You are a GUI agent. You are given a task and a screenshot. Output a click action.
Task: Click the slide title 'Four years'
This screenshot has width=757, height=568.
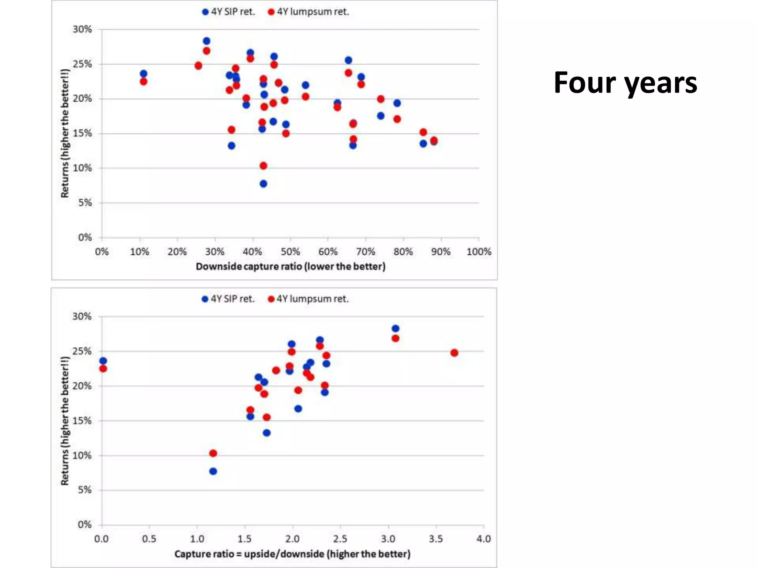[625, 83]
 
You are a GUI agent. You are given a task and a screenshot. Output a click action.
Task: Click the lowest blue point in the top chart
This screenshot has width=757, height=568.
[263, 184]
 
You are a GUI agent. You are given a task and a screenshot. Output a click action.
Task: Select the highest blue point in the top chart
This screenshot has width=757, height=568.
[207, 41]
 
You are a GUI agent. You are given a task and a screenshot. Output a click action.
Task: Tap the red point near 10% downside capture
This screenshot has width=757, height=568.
[143, 81]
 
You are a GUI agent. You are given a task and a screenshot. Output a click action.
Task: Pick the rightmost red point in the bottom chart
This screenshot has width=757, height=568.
[454, 353]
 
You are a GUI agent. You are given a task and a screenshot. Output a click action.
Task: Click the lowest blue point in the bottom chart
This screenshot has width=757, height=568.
[213, 471]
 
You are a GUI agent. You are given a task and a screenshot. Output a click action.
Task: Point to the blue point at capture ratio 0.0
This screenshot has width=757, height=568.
[103, 361]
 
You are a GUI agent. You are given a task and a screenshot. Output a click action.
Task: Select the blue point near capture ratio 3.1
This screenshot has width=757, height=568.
[395, 328]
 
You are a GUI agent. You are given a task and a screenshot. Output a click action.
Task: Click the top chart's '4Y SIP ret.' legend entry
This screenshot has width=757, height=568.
[229, 12]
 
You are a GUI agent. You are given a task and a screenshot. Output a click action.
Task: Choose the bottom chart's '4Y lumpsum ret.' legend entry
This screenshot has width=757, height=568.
[308, 299]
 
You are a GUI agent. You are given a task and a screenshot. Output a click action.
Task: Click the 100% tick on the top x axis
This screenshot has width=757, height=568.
[479, 252]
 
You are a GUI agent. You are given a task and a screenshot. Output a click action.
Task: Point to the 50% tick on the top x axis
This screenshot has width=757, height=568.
[290, 252]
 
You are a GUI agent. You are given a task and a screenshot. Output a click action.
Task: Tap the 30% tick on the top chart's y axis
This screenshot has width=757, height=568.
[82, 29]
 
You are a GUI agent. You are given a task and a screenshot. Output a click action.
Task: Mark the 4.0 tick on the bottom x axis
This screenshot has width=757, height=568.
[483, 539]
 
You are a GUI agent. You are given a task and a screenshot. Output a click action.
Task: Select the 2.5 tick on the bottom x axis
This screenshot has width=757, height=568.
[340, 539]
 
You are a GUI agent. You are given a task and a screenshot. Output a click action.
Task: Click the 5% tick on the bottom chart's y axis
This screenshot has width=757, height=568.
[85, 490]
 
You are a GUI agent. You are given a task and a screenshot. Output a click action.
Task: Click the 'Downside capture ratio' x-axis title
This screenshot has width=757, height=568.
[291, 267]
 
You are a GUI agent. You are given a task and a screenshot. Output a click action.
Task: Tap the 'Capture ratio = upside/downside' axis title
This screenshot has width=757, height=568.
[292, 554]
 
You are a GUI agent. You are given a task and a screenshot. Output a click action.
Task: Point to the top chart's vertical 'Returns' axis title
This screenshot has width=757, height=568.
[65, 133]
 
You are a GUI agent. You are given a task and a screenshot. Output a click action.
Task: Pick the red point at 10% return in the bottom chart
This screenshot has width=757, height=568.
[213, 453]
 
